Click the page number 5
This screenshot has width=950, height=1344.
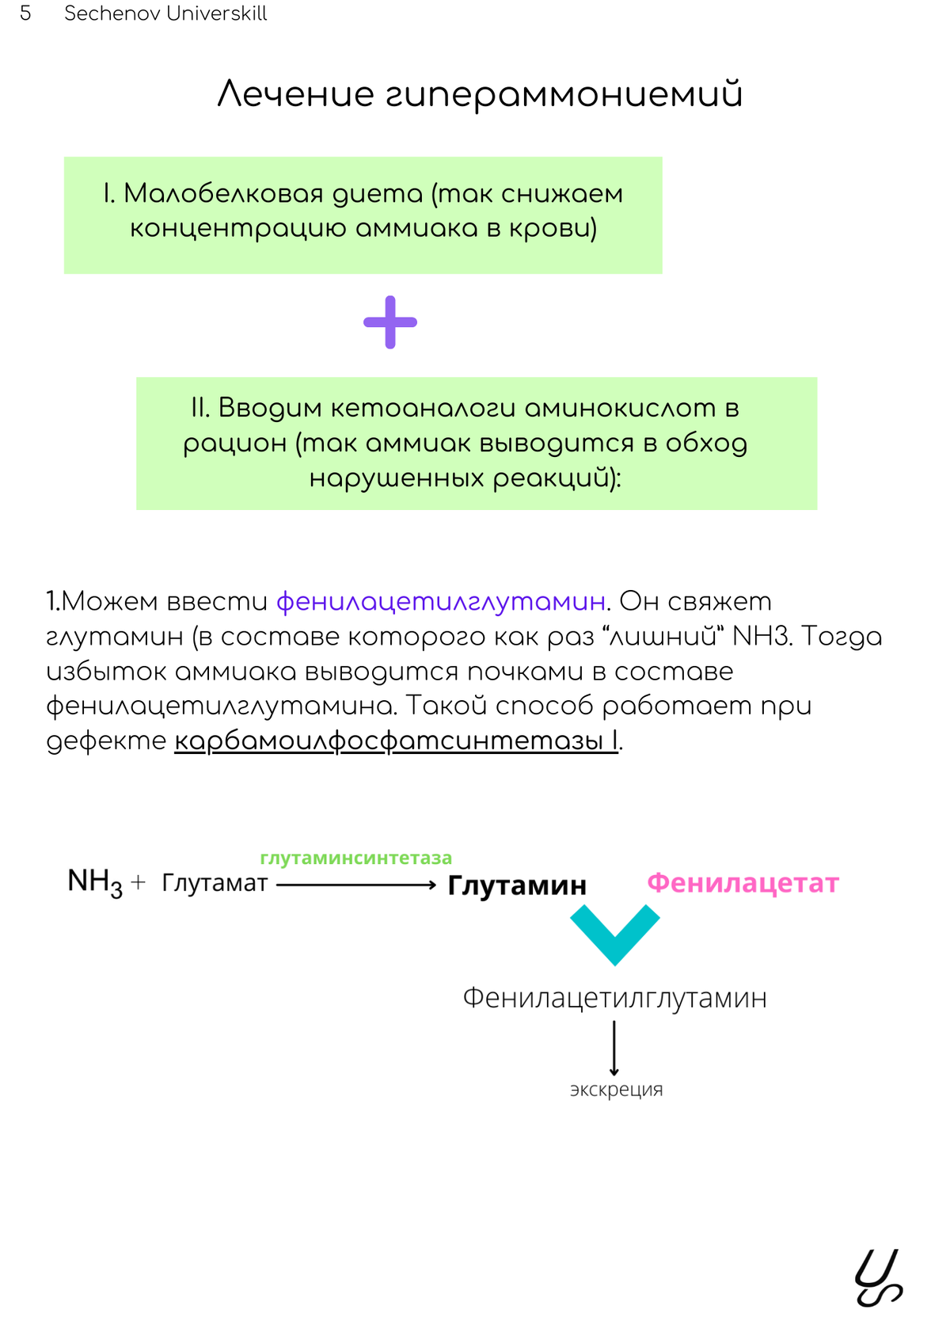(x=25, y=13)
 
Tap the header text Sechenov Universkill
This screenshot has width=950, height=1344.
(x=165, y=13)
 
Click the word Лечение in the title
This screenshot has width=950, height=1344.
(x=295, y=94)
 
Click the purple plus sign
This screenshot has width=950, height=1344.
(x=390, y=322)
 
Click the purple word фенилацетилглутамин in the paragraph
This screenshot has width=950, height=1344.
(x=441, y=602)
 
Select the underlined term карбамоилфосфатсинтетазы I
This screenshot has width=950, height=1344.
(x=396, y=741)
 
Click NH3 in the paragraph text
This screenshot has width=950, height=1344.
(x=761, y=637)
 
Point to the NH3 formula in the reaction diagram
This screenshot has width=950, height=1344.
(x=94, y=882)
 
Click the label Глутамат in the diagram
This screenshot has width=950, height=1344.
(x=215, y=882)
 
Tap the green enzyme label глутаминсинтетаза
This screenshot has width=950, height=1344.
(x=355, y=858)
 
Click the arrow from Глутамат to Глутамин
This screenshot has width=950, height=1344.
(x=356, y=885)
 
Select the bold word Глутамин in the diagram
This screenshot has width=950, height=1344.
(x=517, y=885)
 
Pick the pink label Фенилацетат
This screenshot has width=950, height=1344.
(x=743, y=883)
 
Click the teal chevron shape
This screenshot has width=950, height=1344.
(x=614, y=933)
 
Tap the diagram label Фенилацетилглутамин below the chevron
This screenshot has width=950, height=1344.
(x=614, y=998)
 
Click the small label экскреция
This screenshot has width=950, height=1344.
(x=616, y=1090)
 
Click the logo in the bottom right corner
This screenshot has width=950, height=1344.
(x=878, y=1277)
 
